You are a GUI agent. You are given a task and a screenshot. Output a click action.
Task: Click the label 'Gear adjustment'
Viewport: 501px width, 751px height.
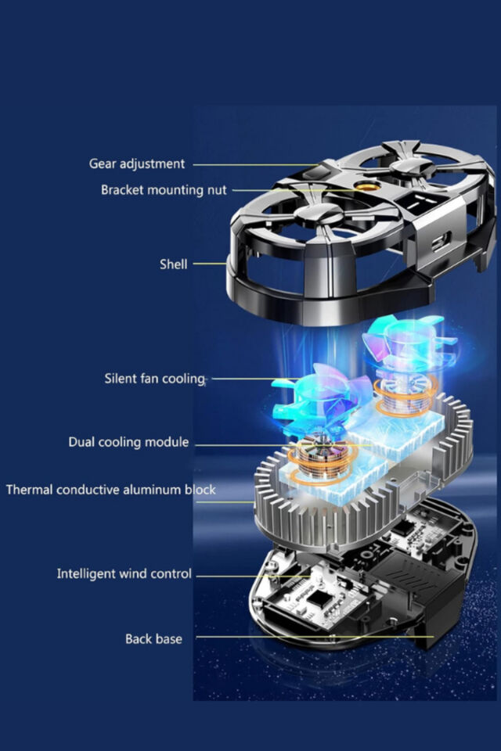pos(137,164)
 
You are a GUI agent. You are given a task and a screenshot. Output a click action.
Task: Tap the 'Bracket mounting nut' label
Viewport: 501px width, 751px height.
pos(164,190)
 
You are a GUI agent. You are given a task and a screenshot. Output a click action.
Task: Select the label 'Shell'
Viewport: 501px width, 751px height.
pos(174,264)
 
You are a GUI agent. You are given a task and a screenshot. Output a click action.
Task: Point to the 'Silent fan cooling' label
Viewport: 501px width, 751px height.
pos(155,379)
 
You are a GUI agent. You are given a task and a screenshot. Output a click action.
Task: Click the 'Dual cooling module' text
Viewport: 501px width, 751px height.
pos(128,442)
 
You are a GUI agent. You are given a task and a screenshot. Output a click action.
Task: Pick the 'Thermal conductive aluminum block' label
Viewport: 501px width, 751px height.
pos(110,490)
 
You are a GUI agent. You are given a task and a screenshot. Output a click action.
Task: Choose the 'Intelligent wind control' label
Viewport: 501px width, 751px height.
pos(124,573)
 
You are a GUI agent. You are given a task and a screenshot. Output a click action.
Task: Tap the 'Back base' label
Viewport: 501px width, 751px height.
pos(153,639)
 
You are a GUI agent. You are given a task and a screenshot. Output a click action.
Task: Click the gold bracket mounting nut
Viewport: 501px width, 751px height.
pos(368,187)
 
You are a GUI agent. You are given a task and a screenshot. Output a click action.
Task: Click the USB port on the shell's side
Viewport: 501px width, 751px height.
pos(441,241)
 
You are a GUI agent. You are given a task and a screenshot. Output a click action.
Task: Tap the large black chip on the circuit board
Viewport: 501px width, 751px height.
pos(319,598)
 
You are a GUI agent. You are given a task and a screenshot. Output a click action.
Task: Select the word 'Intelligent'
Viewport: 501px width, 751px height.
pos(86,573)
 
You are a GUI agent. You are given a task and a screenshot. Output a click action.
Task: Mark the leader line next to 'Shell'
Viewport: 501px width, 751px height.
pos(210,264)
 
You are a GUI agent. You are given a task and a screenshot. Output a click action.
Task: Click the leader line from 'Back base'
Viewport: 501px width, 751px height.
pos(315,637)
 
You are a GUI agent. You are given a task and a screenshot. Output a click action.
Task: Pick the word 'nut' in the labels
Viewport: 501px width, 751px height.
pos(217,191)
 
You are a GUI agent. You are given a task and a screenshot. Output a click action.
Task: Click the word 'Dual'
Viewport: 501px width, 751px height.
pos(81,441)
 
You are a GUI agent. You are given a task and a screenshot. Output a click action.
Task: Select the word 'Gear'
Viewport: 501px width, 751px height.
pos(103,163)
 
